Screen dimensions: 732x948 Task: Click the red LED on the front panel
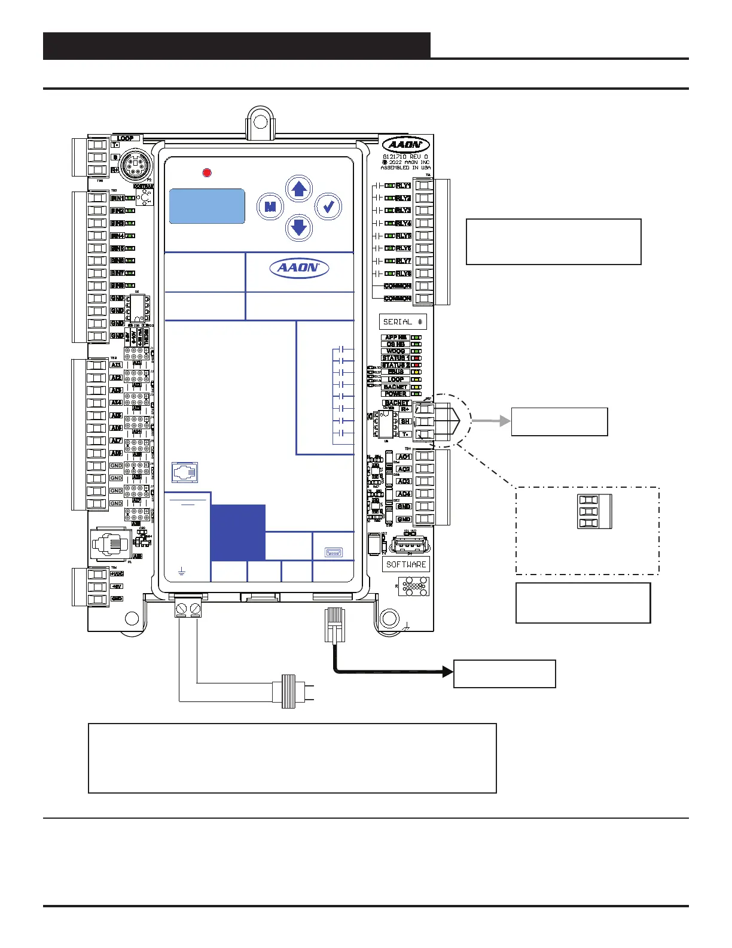207,173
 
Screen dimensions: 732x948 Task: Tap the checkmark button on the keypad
328,207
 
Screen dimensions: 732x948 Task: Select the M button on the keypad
270,207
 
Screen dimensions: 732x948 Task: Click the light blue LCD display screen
207,206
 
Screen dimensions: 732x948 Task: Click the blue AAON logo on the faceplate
299,268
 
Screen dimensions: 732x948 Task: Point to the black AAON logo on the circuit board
406,145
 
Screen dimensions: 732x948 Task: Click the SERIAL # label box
402,322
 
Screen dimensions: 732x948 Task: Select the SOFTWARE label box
406,564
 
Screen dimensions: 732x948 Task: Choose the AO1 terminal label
404,457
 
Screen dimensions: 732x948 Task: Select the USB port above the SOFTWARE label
410,546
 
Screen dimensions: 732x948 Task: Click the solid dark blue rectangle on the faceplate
238,532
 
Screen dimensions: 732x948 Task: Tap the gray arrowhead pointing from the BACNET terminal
505,421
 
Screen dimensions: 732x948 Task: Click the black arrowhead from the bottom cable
447,671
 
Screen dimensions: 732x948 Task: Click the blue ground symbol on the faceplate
182,572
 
